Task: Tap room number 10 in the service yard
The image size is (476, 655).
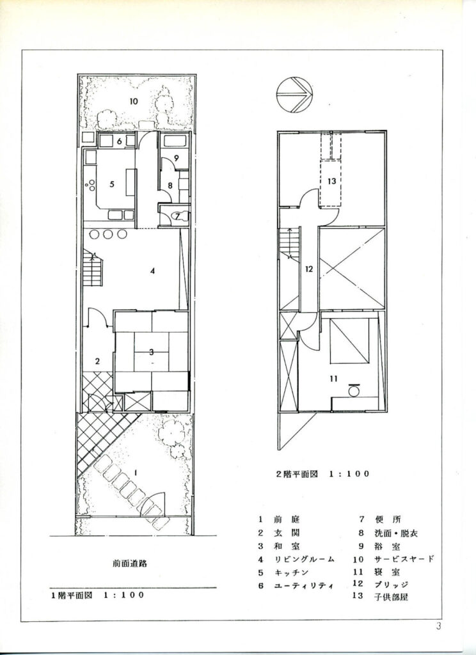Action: click(134, 101)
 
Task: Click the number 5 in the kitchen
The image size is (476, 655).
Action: click(111, 184)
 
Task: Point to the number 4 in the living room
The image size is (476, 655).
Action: click(153, 271)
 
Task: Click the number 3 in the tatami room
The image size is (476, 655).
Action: click(151, 352)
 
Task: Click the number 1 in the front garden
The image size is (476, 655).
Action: click(136, 472)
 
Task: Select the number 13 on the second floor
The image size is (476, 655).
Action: click(332, 182)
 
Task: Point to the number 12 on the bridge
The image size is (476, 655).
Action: click(309, 269)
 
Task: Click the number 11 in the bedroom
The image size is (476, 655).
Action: click(333, 379)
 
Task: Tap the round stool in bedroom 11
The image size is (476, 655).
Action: click(354, 391)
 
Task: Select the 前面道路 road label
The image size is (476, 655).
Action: click(130, 564)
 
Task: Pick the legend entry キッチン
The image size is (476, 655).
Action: click(291, 572)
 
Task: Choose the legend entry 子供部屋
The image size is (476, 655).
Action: click(391, 597)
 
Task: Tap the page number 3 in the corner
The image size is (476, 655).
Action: click(438, 627)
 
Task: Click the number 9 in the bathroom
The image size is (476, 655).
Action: click(177, 159)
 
